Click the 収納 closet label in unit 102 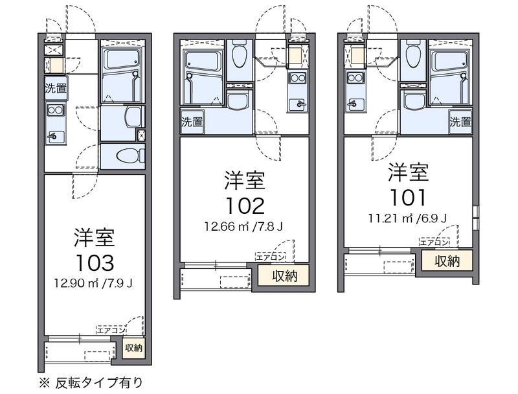(284, 275)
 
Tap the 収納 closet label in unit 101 (447, 261)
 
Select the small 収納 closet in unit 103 (133, 348)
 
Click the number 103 (95, 263)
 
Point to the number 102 (245, 206)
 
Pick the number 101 (409, 198)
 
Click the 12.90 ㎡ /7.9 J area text (94, 283)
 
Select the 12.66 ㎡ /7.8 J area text (244, 226)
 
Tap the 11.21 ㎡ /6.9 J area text (408, 218)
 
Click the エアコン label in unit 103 (111, 330)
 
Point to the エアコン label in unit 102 (270, 257)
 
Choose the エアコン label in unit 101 (434, 242)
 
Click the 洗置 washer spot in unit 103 (56, 88)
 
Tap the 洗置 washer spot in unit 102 (192, 122)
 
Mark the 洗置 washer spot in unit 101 (460, 122)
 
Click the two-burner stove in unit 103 (56, 110)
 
